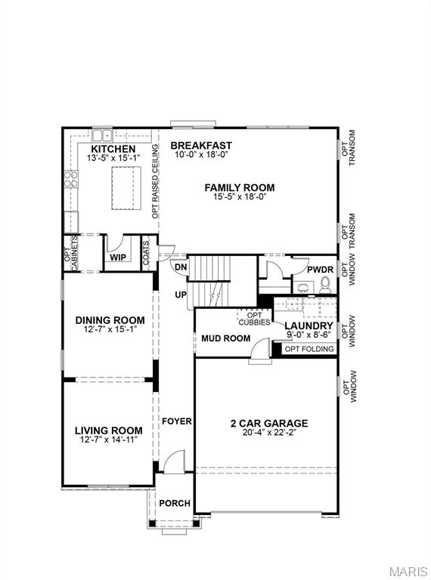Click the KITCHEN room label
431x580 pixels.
110,150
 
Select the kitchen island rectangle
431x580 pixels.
126,189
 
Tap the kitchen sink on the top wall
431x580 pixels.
103,135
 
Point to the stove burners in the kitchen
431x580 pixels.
70,179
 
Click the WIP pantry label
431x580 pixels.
117,258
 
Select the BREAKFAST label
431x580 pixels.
200,145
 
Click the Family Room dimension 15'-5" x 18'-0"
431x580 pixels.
239,196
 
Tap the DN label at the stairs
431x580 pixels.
181,267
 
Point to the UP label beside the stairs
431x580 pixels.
181,295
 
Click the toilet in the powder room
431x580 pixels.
325,285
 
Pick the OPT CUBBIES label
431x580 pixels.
254,318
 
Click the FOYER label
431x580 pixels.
176,421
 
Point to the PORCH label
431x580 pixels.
174,503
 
